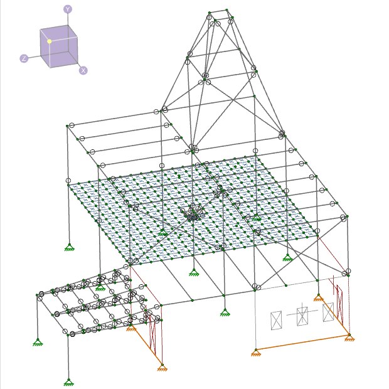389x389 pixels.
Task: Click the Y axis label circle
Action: (68, 9)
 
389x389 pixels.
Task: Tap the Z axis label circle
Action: (24, 58)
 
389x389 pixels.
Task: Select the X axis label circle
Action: (83, 70)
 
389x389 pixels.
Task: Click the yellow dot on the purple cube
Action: (50, 41)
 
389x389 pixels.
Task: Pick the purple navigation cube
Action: (59, 46)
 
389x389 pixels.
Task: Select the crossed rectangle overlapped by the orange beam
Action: (328, 312)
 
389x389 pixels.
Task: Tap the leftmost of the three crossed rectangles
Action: (276, 320)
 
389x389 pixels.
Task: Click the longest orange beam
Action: (302, 343)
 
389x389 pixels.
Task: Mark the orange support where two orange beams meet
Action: (349, 338)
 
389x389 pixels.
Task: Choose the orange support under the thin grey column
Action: (256, 353)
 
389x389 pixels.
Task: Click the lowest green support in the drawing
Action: (69, 382)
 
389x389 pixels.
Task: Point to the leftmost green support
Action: (38, 342)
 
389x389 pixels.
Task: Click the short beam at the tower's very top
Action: (218, 11)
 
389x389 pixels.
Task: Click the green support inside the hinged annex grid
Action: (100, 287)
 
